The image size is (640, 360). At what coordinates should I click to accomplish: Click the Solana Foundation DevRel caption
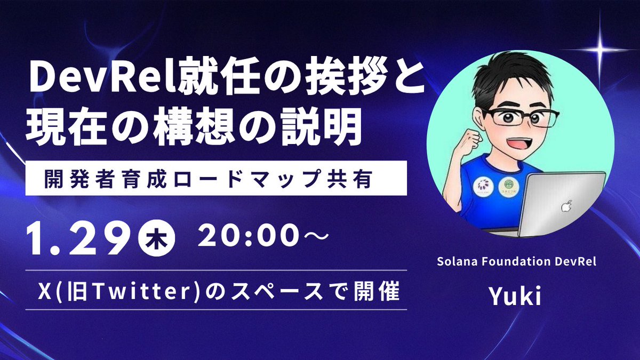[x=516, y=262]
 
